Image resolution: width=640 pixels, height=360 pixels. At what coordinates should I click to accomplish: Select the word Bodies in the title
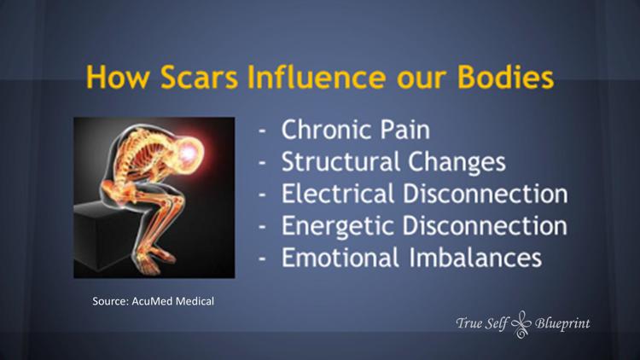coord(503,78)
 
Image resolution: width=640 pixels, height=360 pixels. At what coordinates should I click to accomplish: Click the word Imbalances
coord(478,257)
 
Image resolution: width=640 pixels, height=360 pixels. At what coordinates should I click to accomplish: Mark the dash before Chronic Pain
coord(265,133)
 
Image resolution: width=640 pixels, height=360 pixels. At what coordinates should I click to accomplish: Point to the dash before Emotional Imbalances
coord(265,258)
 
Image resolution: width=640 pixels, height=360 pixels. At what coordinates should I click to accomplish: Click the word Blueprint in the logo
coord(562,323)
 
